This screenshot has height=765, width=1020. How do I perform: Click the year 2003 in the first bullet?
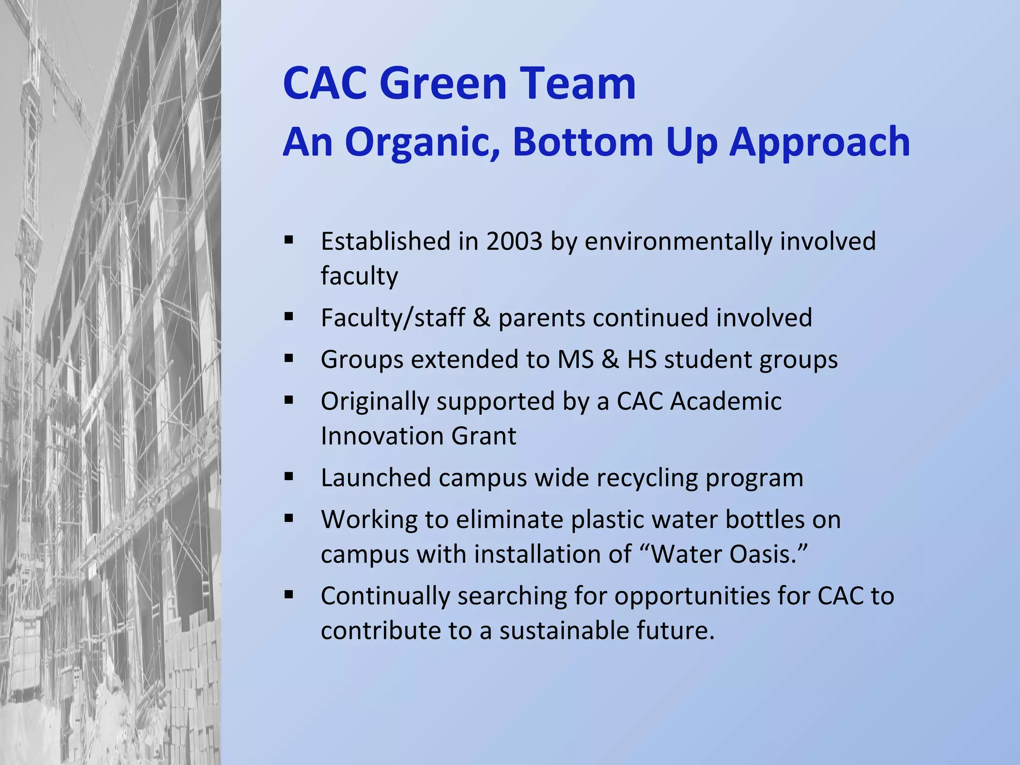[x=514, y=242]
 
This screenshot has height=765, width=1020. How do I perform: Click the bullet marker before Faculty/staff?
[x=289, y=317]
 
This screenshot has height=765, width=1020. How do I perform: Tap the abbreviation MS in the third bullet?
[x=576, y=359]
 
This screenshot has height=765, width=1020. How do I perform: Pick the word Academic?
[x=726, y=401]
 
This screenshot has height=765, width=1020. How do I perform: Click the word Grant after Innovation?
[x=484, y=436]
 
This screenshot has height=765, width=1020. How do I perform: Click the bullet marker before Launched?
[x=289, y=477]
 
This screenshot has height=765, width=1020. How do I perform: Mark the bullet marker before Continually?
[x=289, y=595]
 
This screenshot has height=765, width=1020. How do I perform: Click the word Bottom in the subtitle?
[x=583, y=142]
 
